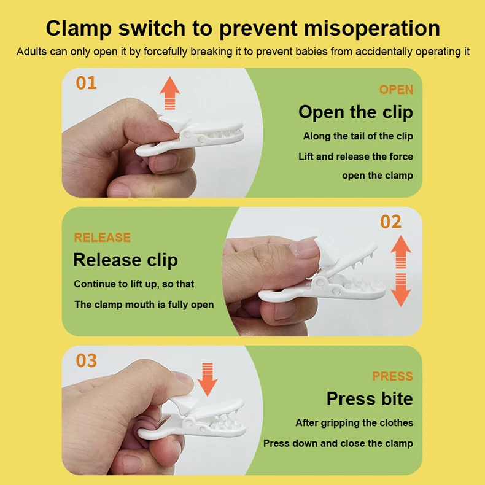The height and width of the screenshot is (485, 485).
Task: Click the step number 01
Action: click(87, 83)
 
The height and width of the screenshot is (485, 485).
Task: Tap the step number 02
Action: click(390, 222)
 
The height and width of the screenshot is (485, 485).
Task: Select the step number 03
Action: click(87, 360)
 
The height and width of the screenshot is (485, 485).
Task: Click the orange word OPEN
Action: click(396, 90)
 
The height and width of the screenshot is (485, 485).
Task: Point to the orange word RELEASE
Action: click(103, 238)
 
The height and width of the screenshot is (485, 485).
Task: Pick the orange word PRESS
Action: click(393, 376)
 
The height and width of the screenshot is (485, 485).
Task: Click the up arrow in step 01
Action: click(170, 93)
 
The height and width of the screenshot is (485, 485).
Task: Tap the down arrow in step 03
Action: click(208, 379)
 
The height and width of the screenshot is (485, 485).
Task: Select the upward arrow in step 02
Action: click(401, 252)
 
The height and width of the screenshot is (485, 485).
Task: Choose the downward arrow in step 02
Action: click(401, 290)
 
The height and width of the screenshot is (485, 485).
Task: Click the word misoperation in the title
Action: click(372, 28)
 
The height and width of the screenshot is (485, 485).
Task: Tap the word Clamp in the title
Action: click(79, 29)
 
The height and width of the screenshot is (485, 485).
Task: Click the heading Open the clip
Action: click(355, 112)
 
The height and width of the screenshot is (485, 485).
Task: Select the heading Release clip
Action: click(125, 260)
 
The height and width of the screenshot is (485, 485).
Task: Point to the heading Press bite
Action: click(370, 398)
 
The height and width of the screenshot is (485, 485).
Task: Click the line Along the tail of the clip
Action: click(358, 136)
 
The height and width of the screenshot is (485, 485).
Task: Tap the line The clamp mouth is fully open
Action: click(144, 305)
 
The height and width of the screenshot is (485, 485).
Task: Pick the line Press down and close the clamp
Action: click(338, 443)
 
